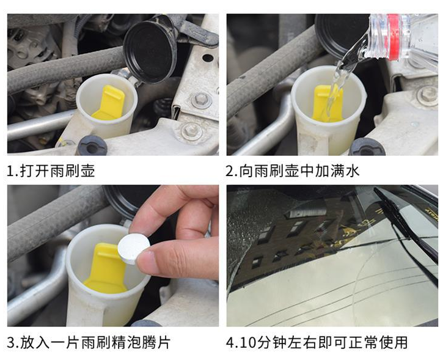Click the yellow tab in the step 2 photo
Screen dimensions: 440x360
[x=328, y=104]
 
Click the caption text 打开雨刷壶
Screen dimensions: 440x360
[x=57, y=171]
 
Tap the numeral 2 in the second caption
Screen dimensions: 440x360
[x=230, y=171]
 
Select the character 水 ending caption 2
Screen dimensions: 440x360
[x=352, y=171]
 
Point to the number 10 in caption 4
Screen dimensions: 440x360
[x=248, y=343]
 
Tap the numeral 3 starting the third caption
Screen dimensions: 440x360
[x=10, y=343]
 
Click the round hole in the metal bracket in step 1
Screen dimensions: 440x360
[x=208, y=58]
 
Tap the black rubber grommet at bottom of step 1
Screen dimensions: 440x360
[x=93, y=146]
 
